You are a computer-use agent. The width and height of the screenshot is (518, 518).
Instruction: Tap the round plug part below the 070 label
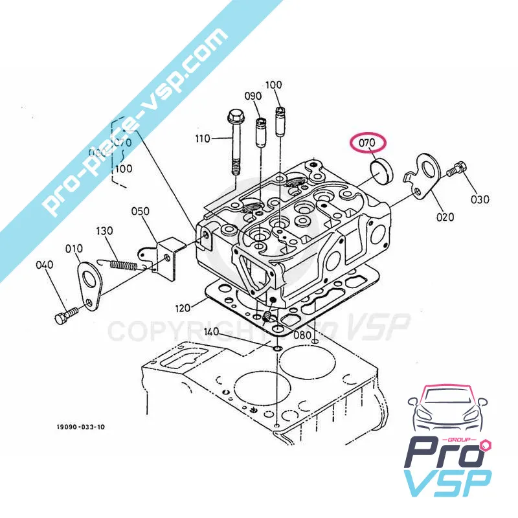coord(381,170)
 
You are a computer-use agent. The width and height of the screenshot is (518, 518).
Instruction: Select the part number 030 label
coord(480,199)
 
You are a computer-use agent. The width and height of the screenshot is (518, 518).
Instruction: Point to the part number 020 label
coord(445,218)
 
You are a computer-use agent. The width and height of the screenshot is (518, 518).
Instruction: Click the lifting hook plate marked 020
coord(428,172)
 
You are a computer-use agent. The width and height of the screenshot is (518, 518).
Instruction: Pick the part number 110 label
coord(204,139)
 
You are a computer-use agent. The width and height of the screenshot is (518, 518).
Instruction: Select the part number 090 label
coord(253,96)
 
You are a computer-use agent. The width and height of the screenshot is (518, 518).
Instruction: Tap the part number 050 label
coord(141,211)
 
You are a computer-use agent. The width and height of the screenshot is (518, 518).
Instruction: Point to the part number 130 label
coord(105,231)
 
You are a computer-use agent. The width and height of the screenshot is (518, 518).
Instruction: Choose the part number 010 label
coord(74,247)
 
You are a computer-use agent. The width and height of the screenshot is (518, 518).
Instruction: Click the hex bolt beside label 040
coord(63,317)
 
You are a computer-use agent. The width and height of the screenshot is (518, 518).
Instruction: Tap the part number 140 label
coord(212,332)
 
